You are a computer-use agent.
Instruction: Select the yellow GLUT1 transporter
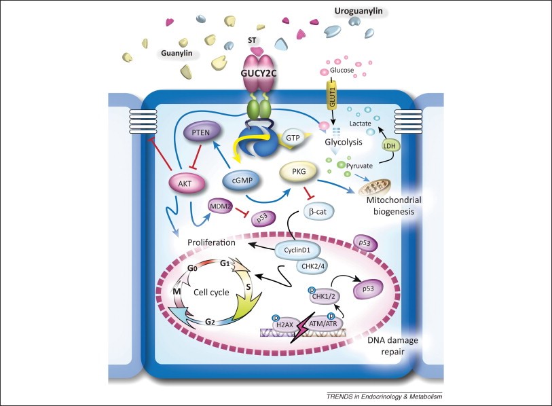333,89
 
